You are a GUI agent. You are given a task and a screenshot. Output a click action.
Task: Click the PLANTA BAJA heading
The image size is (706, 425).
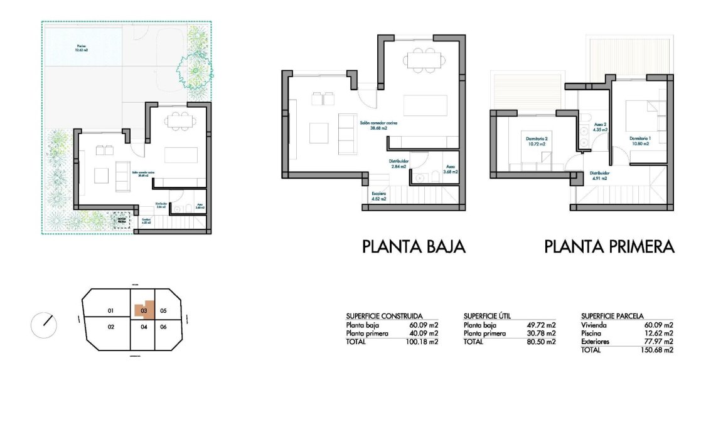coord(414,246)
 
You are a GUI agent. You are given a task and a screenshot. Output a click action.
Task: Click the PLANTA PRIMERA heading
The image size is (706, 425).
coord(609,246)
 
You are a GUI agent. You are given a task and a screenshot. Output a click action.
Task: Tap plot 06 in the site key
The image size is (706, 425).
coord(163,327)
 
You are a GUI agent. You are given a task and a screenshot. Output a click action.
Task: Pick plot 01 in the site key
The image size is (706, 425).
coord(110,311)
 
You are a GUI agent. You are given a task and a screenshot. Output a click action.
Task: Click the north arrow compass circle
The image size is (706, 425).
coord(44,324)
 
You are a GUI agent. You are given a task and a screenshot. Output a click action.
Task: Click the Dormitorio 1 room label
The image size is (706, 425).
coord(640,141)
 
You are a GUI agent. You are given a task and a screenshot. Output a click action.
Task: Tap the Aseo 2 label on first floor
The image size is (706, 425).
coord(600,127)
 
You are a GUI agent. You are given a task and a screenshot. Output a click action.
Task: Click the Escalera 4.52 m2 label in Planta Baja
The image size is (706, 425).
coord(378,196)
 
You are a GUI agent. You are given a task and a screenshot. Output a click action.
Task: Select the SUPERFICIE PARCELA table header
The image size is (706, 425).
coord(612,316)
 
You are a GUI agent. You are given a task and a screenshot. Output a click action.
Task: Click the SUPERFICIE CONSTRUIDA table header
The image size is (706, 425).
coord(384,316)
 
